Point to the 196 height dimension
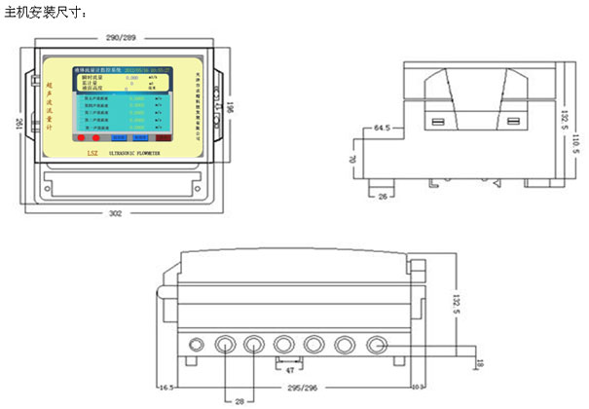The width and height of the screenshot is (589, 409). coord(231,105)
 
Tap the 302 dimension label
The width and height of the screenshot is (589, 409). coord(115,212)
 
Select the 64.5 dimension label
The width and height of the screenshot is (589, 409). coord(381,127)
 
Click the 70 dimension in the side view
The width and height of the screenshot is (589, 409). coord(353,157)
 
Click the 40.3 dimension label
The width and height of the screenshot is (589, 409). coord(417,388)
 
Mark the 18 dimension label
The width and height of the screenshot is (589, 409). coord(479,364)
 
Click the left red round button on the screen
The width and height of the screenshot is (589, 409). coord(81,140)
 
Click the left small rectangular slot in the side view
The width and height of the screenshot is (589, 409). coord(439,122)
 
